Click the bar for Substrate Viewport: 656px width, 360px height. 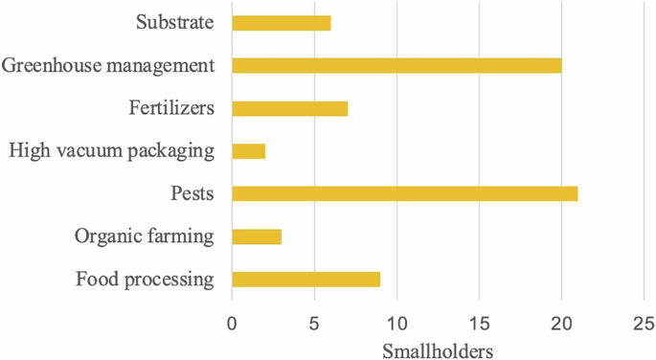pos(281,23)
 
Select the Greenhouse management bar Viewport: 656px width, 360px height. pos(396,66)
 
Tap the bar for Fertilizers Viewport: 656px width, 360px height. pos(289,108)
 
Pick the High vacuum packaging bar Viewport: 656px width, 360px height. pos(248,151)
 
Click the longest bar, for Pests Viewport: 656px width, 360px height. pos(404,193)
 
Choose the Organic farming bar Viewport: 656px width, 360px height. pos(257,236)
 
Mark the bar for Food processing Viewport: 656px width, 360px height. pos(305,280)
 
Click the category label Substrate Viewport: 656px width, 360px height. pos(173,21)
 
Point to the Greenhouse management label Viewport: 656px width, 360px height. pos(107,65)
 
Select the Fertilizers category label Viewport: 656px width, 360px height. pos(170,107)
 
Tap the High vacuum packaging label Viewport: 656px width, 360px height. pos(110,150)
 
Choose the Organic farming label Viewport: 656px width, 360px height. pos(143,236)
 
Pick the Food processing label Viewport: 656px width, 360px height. pos(143,280)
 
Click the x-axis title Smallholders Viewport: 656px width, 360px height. pos(438,349)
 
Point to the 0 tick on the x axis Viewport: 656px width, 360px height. pos(232,323)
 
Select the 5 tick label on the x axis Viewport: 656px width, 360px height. pos(314,323)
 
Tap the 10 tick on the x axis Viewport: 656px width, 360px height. pos(396,323)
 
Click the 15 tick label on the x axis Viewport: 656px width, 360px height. pos(479,323)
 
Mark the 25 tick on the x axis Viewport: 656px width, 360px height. pos(644,323)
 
